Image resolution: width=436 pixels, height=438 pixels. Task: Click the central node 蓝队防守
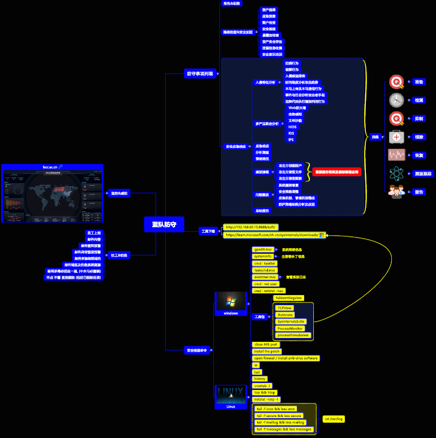pos(164,224)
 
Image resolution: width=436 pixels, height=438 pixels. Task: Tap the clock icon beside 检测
pos(397,100)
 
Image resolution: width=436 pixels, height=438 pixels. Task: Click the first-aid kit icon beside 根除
pos(397,137)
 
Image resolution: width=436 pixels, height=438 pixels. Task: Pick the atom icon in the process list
pos(397,174)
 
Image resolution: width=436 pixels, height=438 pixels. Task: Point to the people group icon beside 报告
pos(397,192)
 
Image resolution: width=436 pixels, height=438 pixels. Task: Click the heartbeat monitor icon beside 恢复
pos(397,155)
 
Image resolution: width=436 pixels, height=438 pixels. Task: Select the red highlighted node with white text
pos(337,171)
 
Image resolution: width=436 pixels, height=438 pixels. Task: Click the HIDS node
pos(292,127)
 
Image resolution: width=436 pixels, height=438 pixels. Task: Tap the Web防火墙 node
pos(297,107)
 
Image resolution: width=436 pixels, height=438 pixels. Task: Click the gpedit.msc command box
pos(263,249)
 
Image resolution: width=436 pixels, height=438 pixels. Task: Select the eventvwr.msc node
pos(265,277)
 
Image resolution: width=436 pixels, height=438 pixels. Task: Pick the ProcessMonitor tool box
pos(291,328)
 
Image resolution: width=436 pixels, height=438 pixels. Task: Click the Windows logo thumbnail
pos(232,301)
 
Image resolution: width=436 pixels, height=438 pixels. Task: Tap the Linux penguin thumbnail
pos(231,393)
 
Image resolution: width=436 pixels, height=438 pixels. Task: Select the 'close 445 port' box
pos(265,344)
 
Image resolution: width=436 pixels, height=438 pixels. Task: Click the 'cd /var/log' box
pos(333,419)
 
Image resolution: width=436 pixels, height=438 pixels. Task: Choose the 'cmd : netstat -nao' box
pos(273,290)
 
